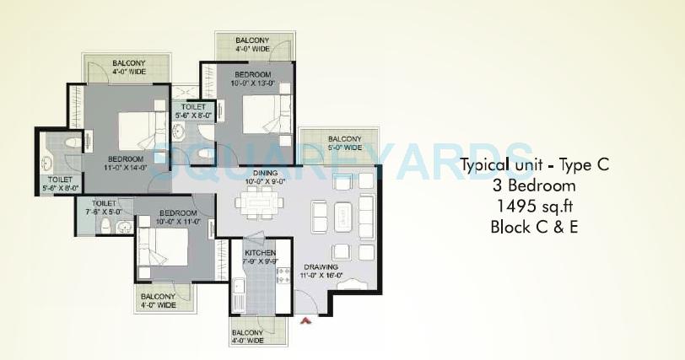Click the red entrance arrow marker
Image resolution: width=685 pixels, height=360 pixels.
306,320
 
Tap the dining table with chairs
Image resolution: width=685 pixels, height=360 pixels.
256,203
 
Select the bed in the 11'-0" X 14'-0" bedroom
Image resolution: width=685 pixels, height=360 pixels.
135,132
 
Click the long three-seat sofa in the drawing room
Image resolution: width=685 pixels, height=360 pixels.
366,212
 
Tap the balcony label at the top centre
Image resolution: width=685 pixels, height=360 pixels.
253,44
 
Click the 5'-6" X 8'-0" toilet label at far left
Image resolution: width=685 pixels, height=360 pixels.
59,184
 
